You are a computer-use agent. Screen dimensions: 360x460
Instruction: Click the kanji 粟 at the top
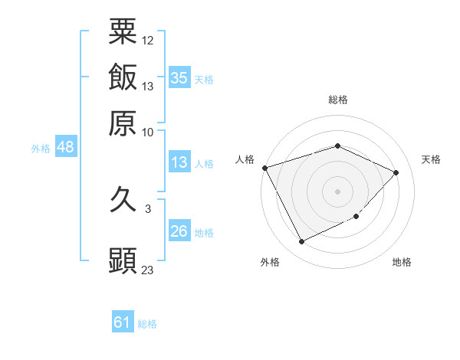tap(123, 31)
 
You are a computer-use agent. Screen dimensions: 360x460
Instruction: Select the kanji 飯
tap(123, 77)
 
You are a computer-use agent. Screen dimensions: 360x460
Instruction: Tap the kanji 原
tap(123, 123)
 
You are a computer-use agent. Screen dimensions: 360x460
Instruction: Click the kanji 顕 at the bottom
tap(123, 260)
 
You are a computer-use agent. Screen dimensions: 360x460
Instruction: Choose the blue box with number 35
tap(179, 78)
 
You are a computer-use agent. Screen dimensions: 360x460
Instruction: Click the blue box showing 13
tap(179, 162)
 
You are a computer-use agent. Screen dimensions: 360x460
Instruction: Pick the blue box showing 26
tap(179, 231)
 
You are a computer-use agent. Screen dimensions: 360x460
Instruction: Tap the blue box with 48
tap(65, 148)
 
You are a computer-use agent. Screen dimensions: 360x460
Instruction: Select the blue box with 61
tap(123, 322)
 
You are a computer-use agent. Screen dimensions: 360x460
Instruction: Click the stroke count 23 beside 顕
tap(148, 270)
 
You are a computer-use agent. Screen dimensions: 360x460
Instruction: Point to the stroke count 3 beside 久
tap(147, 208)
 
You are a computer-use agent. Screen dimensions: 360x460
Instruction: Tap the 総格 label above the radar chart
tap(338, 100)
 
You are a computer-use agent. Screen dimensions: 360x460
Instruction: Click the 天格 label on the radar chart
tap(431, 159)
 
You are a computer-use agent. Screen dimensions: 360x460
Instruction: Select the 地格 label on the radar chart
tap(402, 263)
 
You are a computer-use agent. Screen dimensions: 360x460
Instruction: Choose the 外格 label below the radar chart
tap(270, 263)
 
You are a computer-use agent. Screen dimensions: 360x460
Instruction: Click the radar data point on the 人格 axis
tap(264, 168)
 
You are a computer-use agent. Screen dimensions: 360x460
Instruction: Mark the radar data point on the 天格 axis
tap(396, 172)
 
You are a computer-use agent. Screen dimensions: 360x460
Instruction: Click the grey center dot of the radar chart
tap(338, 191)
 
